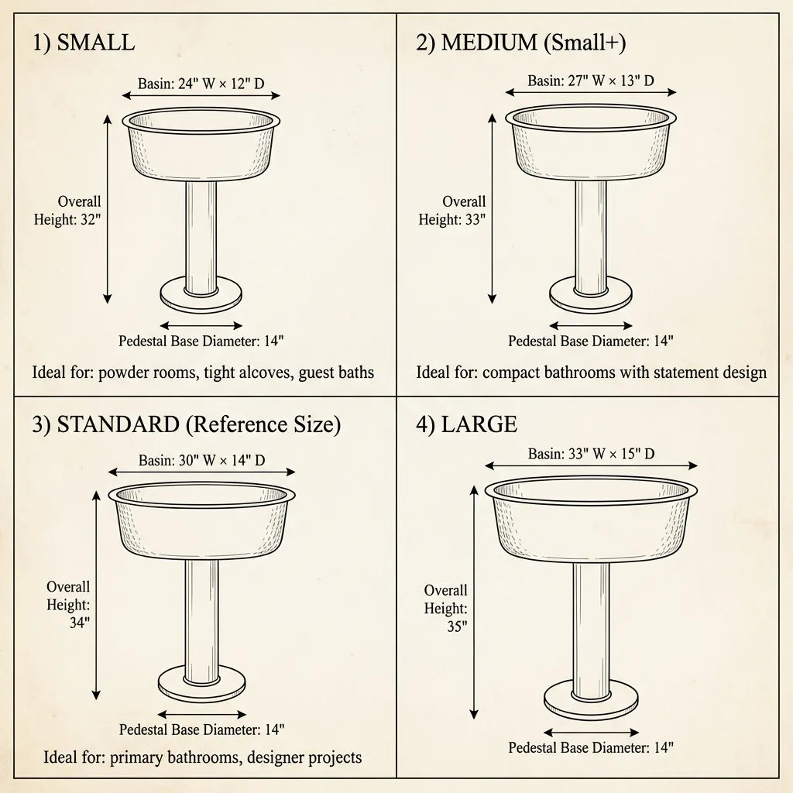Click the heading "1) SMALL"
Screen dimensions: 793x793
coord(84,43)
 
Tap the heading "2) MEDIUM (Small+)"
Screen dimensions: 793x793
coord(520,43)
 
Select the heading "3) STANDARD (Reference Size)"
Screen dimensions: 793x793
coord(187,424)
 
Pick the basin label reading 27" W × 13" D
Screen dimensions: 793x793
coord(591,81)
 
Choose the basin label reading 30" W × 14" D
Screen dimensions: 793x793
coord(201,460)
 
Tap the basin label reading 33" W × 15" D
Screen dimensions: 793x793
coord(591,454)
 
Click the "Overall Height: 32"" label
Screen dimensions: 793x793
coord(68,211)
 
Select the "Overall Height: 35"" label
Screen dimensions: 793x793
coord(446,609)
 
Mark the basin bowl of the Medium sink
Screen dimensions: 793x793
coord(591,147)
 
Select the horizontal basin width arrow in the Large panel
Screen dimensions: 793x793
coord(591,466)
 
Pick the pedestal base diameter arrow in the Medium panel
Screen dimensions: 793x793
coord(591,326)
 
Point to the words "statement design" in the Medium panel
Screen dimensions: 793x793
coord(709,372)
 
